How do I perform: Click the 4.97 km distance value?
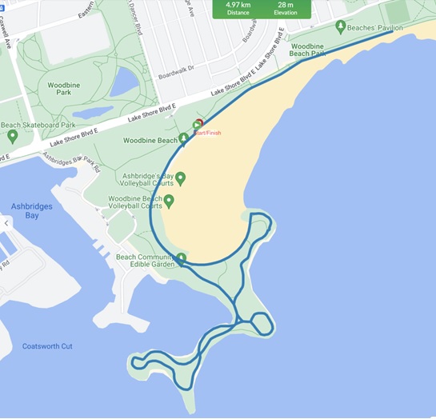click(238, 4)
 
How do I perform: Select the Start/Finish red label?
click(206, 134)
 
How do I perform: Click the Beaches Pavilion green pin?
click(341, 27)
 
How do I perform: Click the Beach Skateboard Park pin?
click(12, 137)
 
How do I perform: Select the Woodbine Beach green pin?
click(183, 139)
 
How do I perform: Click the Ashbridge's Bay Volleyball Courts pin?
click(180, 178)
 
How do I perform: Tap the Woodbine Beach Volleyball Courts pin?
click(169, 200)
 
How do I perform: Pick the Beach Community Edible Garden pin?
click(181, 257)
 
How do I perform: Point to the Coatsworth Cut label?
click(47, 346)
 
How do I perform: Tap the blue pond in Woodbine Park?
click(124, 82)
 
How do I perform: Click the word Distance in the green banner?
click(238, 13)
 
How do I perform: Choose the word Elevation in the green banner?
click(286, 13)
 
